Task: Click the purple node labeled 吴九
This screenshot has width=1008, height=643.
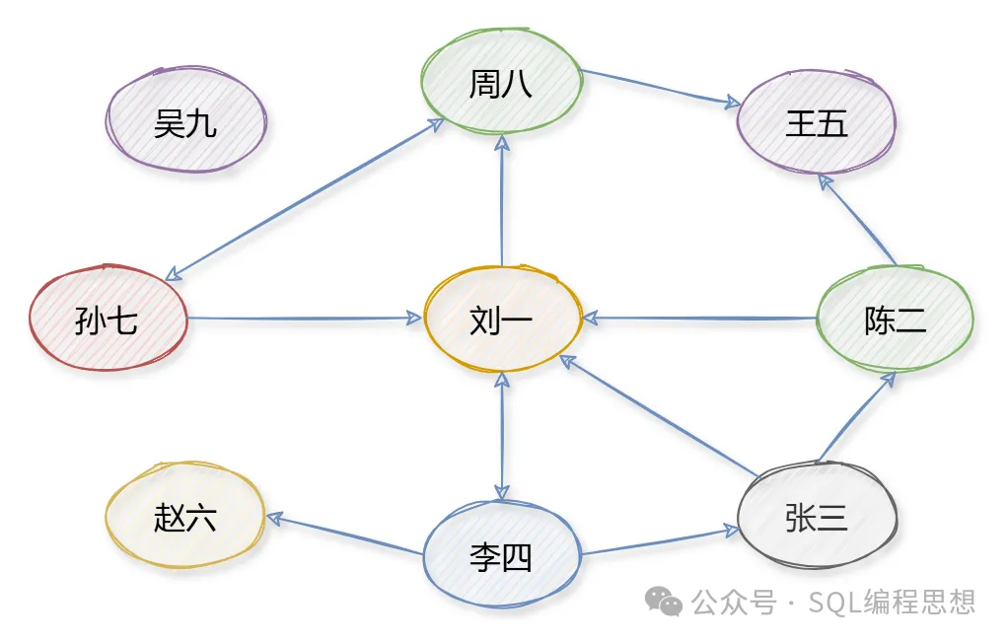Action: click(185, 123)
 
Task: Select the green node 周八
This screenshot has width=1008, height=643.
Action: click(500, 84)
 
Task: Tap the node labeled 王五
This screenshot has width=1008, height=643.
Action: click(817, 123)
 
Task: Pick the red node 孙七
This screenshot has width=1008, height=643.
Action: click(107, 320)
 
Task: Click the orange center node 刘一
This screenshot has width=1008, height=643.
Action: click(501, 320)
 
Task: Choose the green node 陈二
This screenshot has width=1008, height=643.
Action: click(896, 320)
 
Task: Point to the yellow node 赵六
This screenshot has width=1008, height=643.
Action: click(185, 517)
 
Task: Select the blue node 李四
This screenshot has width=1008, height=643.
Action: click(501, 558)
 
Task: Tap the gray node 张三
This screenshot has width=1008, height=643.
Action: click(817, 517)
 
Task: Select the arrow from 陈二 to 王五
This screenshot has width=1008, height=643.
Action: click(858, 221)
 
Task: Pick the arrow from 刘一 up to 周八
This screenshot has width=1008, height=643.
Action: click(502, 201)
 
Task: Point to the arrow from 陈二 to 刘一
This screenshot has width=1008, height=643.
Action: click(700, 319)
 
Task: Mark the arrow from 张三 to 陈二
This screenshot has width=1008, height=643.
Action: click(856, 418)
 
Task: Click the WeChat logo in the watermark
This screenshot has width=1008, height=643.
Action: click(663, 602)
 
